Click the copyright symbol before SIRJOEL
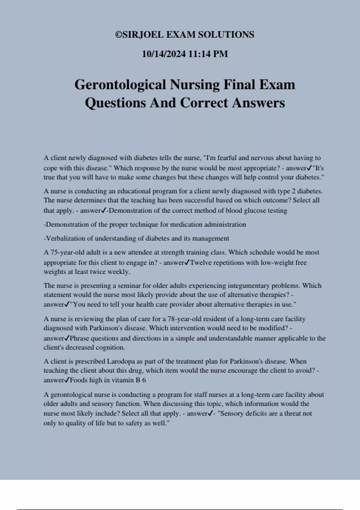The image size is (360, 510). click(119, 35)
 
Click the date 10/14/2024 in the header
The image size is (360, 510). click(164, 54)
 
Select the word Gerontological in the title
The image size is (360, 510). click(120, 85)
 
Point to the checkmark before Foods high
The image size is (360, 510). click(67, 380)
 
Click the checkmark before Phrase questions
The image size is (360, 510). click(67, 338)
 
